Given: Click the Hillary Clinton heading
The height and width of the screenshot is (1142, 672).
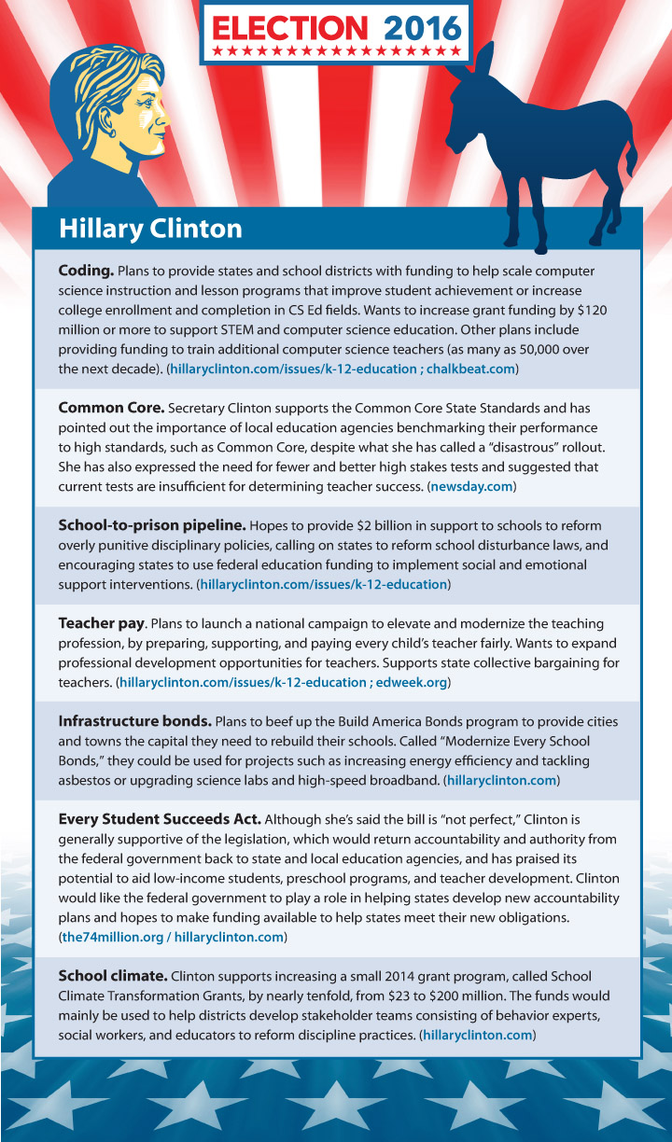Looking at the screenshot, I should (150, 229).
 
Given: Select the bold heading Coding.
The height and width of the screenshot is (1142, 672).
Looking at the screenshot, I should (86, 271).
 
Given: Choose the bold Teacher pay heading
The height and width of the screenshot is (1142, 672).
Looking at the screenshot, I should (101, 623).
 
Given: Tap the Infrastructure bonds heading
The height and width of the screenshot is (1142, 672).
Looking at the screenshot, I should (134, 721).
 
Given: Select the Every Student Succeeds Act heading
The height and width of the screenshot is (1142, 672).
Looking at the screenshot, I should (160, 819).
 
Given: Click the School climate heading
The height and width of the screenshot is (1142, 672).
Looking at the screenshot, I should (112, 976).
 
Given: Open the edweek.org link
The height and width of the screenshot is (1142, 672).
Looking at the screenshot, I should (412, 682).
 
